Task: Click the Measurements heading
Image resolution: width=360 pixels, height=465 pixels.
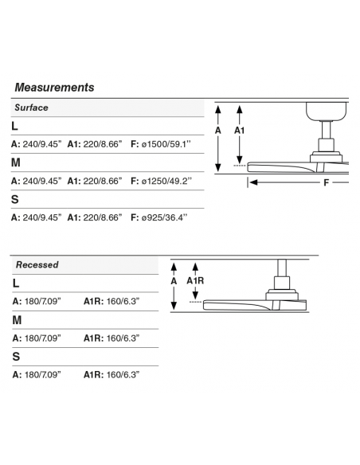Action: pos(54,88)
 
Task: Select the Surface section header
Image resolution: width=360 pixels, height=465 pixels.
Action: pos(31,107)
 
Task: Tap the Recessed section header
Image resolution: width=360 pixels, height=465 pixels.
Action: pos(37,264)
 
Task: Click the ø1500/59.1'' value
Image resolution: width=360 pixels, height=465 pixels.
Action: pos(166,144)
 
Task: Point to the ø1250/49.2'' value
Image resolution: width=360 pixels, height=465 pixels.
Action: pos(166,181)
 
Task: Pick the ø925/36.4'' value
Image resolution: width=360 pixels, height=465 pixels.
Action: pos(165,217)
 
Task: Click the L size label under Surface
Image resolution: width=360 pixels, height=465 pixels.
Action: pos(14,126)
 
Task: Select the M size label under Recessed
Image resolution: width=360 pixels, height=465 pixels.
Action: pos(17,320)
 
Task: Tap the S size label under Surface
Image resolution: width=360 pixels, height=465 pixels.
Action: pos(15,199)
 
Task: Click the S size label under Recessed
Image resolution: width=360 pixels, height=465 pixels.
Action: pos(16,357)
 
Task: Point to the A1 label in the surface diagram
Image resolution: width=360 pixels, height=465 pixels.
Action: pos(239,131)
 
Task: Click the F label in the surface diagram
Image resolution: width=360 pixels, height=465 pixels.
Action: pos(327,182)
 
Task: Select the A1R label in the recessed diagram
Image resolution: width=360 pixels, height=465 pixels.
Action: pos(195,280)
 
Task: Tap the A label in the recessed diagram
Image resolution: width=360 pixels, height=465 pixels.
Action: pos(174,280)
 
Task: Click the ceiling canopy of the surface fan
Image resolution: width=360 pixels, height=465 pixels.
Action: pos(327,111)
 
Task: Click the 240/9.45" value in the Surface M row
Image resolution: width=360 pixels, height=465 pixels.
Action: pos(42,181)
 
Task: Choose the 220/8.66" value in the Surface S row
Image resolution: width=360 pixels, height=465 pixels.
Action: pos(103,217)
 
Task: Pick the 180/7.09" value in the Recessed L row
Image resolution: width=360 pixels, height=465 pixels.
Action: pos(43,301)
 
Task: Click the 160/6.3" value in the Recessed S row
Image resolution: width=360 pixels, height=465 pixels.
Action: pos(123,375)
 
